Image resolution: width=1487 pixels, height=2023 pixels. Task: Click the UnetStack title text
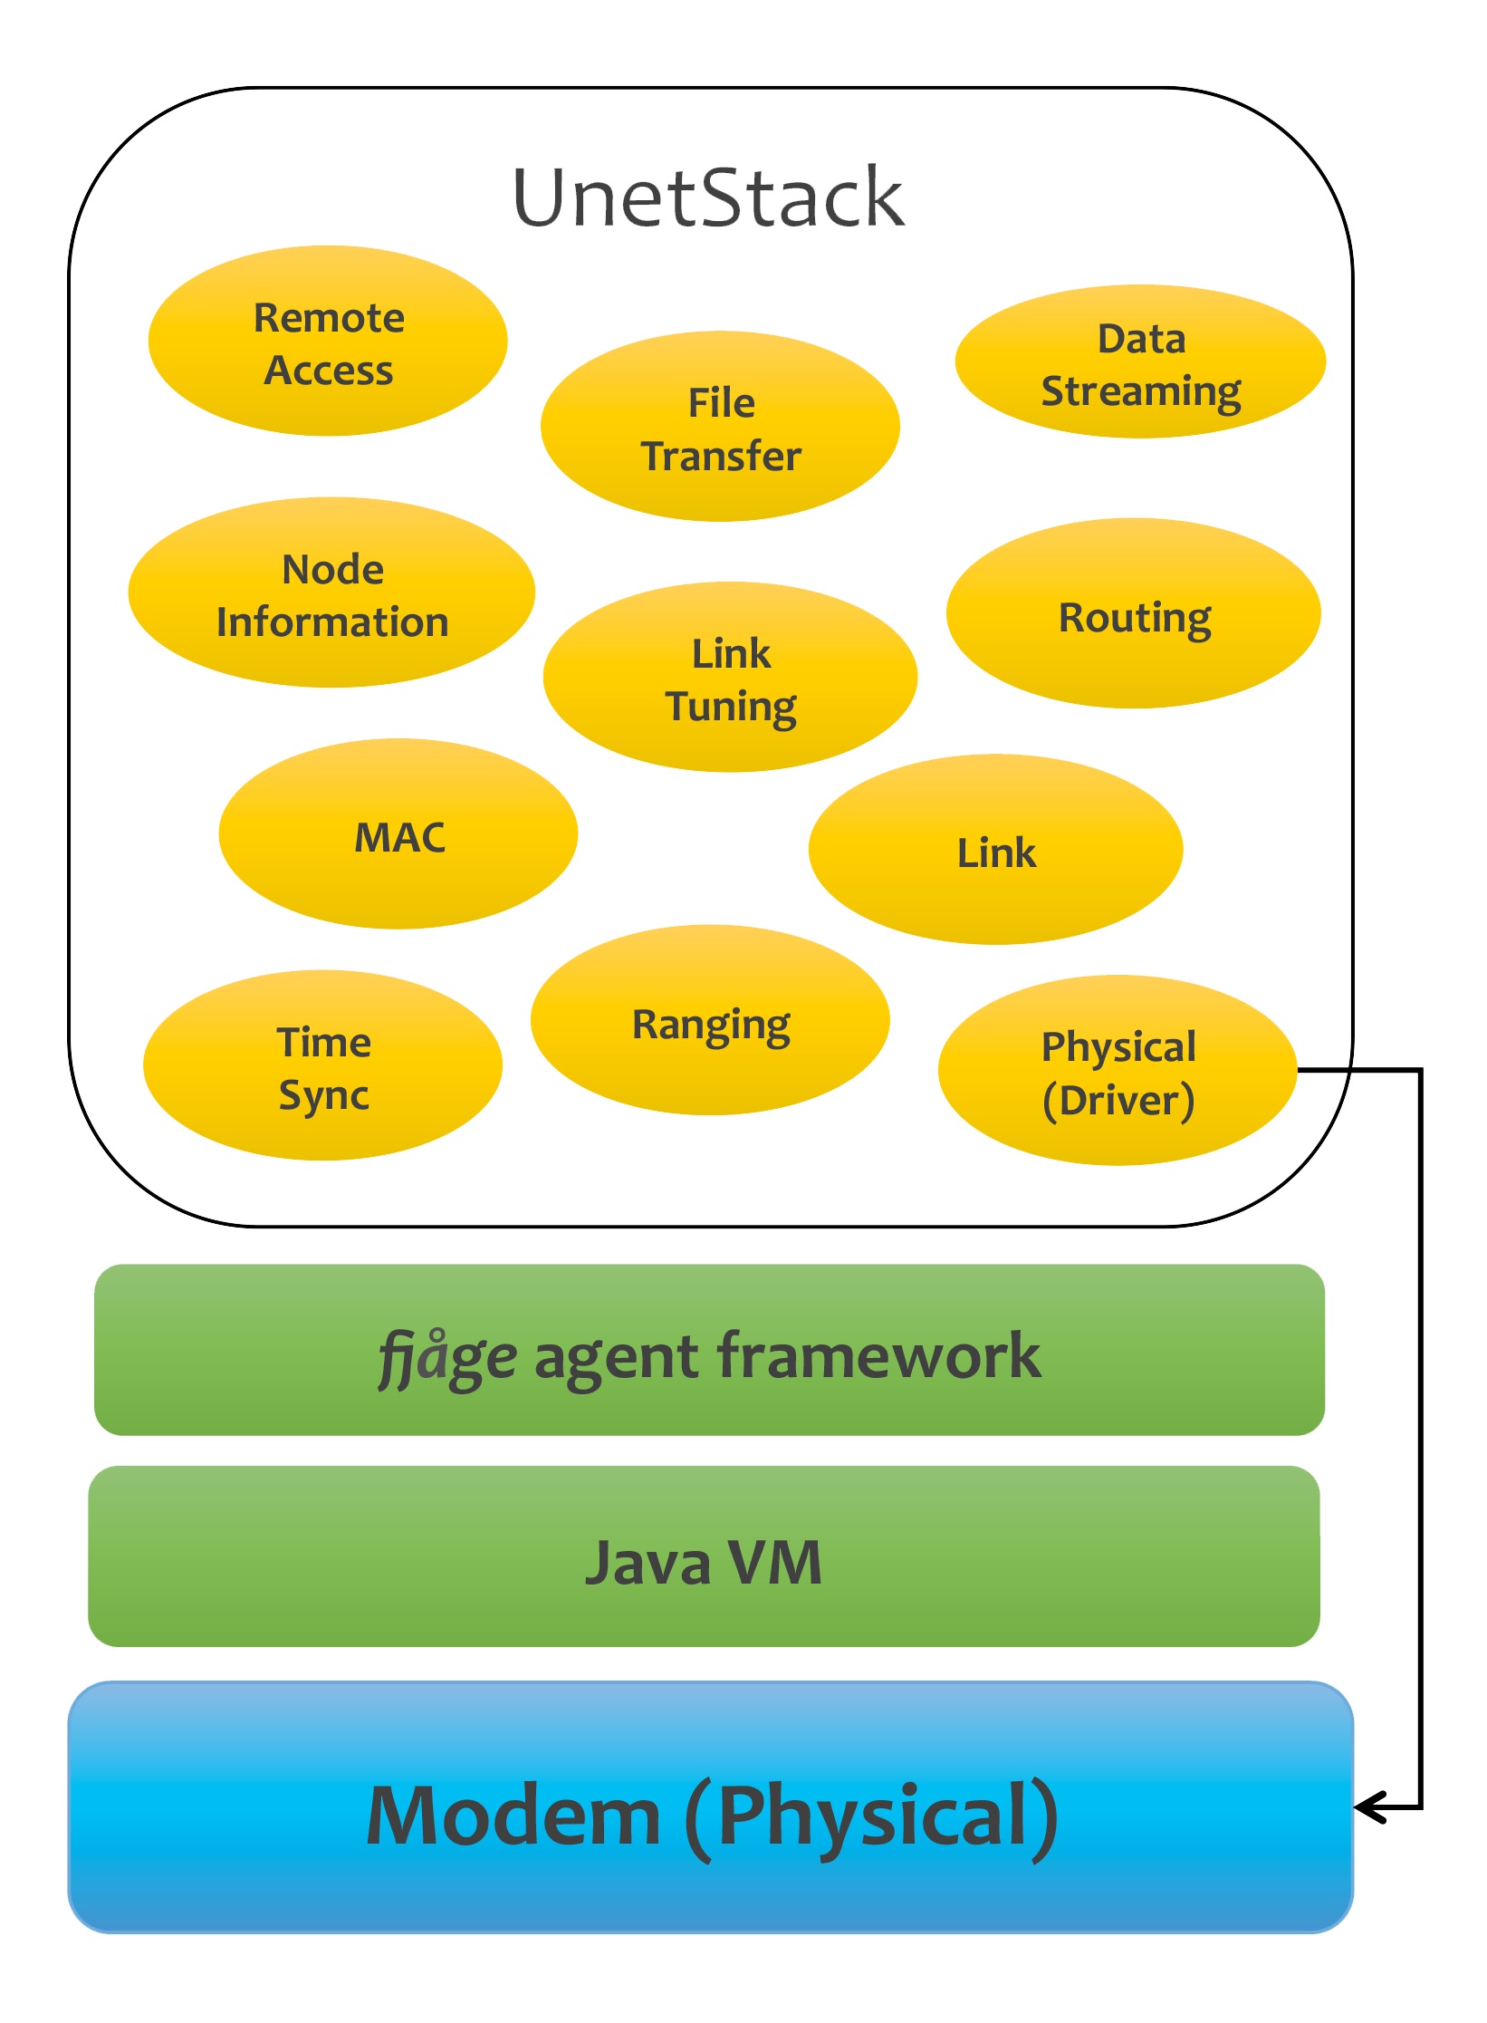tap(708, 197)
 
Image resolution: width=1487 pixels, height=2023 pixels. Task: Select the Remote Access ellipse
tap(328, 341)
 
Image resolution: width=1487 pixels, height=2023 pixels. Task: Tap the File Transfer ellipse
tap(720, 426)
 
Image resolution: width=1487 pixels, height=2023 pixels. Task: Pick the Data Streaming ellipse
tap(1140, 361)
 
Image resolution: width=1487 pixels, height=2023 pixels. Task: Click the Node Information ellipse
tap(331, 592)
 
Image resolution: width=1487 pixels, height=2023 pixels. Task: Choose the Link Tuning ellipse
tap(730, 677)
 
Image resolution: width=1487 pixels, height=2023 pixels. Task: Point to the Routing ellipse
tap(1134, 613)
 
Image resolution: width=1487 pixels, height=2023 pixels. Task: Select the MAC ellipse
tap(398, 833)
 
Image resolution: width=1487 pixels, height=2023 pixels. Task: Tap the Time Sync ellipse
tap(322, 1065)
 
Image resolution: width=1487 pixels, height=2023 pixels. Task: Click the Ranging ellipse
tap(710, 1020)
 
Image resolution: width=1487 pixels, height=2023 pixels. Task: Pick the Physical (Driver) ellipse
tap(1118, 1070)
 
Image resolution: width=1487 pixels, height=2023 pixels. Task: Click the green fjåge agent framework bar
tap(709, 1350)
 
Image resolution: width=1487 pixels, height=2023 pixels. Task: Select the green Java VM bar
tap(704, 1556)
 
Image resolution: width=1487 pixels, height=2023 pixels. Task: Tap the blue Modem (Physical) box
tap(711, 1807)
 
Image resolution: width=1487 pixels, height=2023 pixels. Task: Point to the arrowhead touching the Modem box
tap(1369, 1807)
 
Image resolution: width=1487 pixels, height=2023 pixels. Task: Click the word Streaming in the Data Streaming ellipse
tap(1141, 392)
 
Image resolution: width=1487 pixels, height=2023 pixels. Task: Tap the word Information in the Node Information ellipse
tap(332, 622)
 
